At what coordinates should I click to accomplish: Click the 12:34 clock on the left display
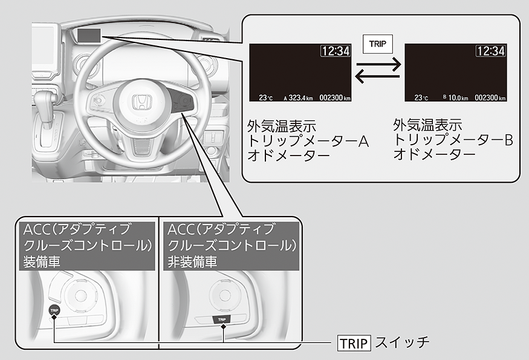(335, 51)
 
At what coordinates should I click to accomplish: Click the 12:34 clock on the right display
(490, 51)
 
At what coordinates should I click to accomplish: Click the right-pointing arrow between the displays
(377, 63)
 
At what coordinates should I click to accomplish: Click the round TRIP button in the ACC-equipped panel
(54, 310)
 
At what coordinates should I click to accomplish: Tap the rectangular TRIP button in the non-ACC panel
(222, 318)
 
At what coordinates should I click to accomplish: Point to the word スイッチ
(402, 342)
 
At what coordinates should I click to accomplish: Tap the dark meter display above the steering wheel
(88, 34)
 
